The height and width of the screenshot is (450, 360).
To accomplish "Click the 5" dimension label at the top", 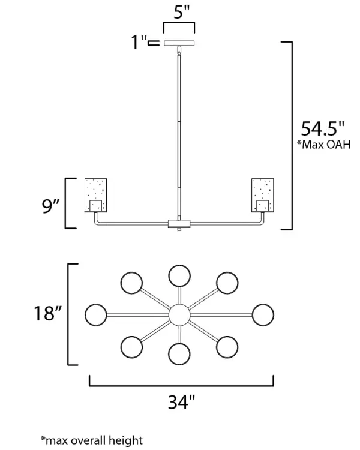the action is coord(182,12).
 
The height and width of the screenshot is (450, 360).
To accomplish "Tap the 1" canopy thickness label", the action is coord(139,43).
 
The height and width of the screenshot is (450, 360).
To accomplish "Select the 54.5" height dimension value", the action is coord(323,128).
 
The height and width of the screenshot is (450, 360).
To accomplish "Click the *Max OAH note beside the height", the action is coord(323,145).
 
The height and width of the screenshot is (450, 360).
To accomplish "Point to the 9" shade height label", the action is coord(51,206).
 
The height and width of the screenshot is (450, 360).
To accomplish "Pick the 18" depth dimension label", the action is coord(48,313).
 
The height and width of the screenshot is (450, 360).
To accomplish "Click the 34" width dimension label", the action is coord(181,402).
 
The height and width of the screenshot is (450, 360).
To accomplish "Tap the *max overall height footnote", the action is coord(92,440).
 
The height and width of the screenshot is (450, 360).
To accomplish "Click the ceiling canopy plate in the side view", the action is coord(179,43).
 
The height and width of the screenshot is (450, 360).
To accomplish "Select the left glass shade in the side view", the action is coord(95,195).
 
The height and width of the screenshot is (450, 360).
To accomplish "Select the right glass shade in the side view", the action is coord(263,195).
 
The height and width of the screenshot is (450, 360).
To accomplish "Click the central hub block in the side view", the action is coord(179,224).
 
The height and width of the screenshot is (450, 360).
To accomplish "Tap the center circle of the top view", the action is coord(179,315).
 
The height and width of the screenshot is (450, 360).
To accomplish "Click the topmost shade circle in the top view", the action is coord(179,276).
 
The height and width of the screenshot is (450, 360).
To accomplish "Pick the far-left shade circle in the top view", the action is coord(96,315).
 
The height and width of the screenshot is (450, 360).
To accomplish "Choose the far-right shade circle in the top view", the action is coord(263,315).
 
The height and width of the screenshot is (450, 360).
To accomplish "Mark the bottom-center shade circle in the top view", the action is coord(179,354).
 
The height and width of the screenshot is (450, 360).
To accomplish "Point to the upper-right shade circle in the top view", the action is coord(227,283).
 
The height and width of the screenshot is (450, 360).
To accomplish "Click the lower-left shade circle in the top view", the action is coord(131,347).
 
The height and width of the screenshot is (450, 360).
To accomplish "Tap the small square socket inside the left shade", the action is coord(95,205).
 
